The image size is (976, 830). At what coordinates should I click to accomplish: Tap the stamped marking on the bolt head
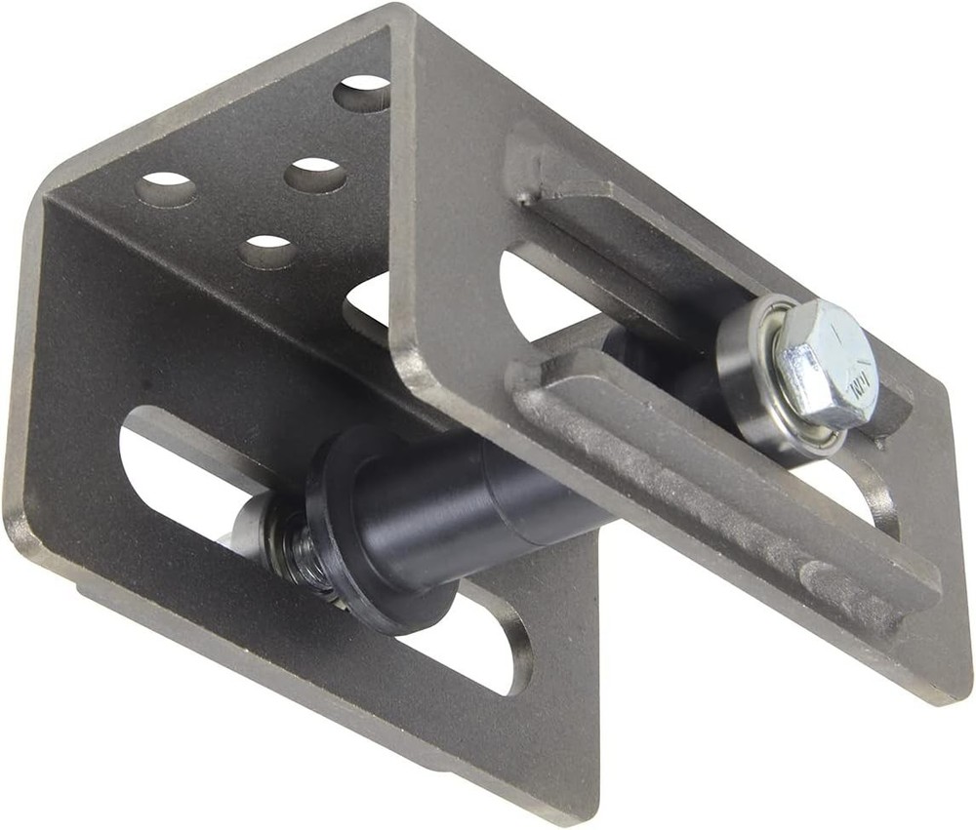[x=857, y=387]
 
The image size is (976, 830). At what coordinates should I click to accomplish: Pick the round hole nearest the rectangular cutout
[x=268, y=253]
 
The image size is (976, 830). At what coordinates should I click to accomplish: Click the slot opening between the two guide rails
[x=547, y=293]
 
